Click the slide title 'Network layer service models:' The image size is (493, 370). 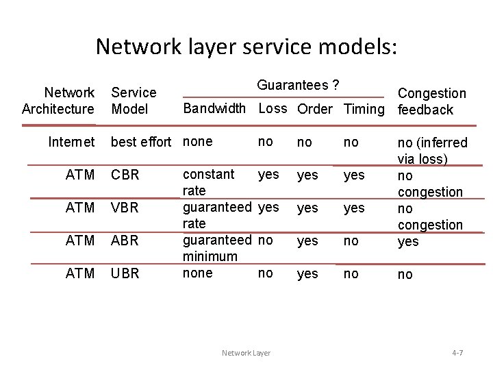tap(246, 47)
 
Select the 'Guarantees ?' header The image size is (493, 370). tap(299, 85)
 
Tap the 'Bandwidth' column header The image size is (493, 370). tap(214, 108)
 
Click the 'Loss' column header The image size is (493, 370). tap(273, 108)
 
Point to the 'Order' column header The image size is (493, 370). tap(315, 109)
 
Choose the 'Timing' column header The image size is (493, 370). tap(364, 109)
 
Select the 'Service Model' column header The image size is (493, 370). tap(134, 101)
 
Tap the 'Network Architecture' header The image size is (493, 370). tap(58, 101)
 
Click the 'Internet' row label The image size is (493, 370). tap(71, 142)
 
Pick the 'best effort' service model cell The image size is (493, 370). tap(140, 142)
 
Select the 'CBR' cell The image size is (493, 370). tap(125, 175)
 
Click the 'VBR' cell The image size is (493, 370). tap(125, 208)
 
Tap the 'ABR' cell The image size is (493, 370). tap(125, 241)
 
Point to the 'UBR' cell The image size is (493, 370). tap(125, 273)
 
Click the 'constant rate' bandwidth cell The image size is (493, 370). tap(208, 182)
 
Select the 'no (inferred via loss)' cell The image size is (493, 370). tap(432, 151)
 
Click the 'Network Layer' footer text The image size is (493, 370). tap(246, 353)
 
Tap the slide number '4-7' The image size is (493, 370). tap(457, 353)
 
